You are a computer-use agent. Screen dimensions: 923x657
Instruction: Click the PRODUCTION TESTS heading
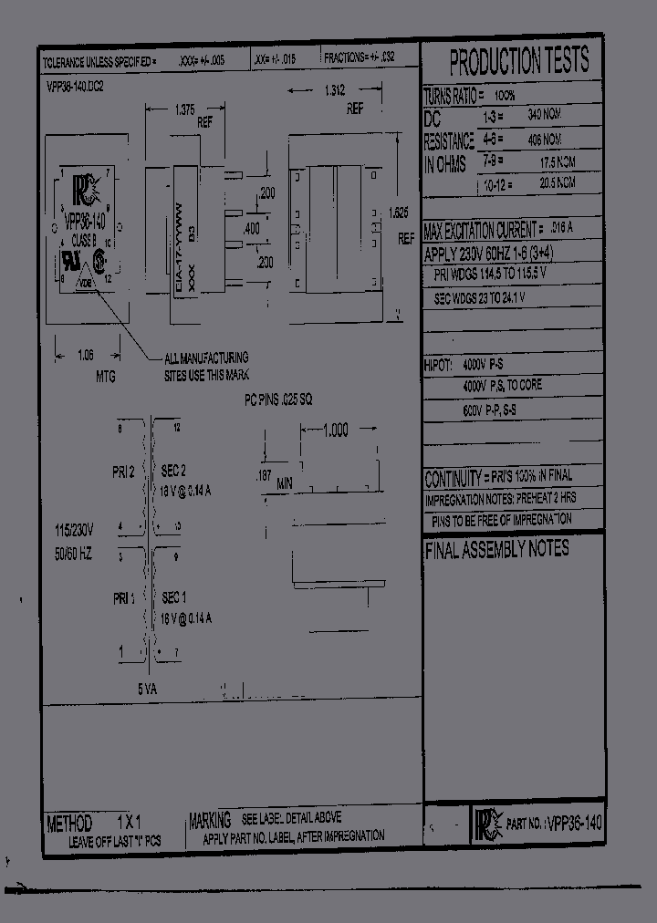[519, 62]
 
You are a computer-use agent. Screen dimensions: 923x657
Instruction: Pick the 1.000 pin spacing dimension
[335, 431]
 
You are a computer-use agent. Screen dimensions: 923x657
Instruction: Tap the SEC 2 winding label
[173, 471]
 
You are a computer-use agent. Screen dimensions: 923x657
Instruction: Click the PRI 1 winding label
[123, 598]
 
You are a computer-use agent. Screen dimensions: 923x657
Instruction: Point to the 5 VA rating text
[148, 690]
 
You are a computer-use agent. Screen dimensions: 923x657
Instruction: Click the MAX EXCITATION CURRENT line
[483, 228]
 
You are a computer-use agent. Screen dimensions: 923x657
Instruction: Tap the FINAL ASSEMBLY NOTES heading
[496, 549]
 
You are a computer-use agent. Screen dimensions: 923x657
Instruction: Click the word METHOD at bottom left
[69, 823]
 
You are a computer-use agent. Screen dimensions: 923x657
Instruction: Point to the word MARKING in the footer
[210, 820]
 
